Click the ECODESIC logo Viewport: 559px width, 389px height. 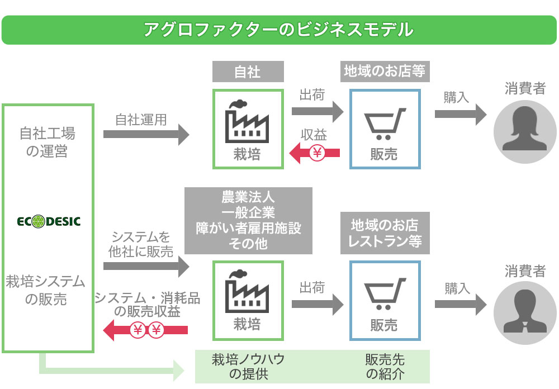click(x=49, y=221)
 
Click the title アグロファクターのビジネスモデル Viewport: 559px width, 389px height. click(x=279, y=29)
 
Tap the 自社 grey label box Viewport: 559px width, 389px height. click(x=248, y=72)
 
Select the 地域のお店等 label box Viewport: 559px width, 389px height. click(x=385, y=72)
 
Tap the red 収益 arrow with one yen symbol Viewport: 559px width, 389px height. click(x=316, y=153)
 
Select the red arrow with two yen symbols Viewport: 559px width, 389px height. click(x=146, y=330)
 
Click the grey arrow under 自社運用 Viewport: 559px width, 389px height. click(x=146, y=134)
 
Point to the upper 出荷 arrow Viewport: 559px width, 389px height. click(x=316, y=111)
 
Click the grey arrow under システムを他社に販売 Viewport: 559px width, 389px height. click(x=146, y=265)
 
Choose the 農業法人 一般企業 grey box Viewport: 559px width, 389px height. click(x=248, y=221)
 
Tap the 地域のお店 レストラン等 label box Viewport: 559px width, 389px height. click(x=385, y=234)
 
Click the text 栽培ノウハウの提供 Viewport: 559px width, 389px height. click(x=248, y=367)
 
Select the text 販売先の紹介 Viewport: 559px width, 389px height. click(x=385, y=367)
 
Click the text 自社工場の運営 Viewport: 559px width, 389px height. click(x=48, y=143)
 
